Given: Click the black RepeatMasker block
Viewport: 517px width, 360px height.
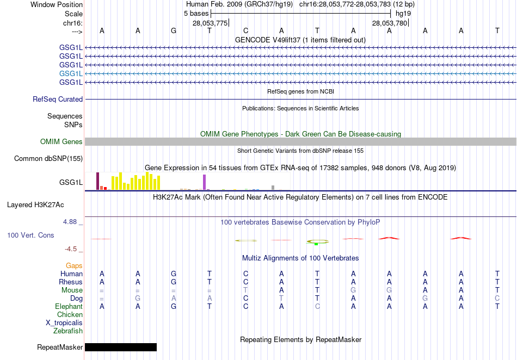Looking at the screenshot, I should (121, 347).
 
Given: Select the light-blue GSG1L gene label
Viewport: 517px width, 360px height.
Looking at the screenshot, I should (71, 73).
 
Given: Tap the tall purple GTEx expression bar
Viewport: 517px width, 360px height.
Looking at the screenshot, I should (205, 182).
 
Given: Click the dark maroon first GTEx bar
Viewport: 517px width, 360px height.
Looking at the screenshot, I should (98, 181).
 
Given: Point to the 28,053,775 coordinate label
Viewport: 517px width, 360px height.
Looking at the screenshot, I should (210, 23).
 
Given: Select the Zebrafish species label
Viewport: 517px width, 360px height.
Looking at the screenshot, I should (68, 331).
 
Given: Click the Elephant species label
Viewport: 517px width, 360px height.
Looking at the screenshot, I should (69, 306).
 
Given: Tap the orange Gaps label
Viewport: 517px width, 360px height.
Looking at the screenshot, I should (74, 265).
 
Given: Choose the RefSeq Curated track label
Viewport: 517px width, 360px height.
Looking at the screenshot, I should (58, 99).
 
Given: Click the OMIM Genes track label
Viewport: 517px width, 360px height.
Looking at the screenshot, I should (61, 141).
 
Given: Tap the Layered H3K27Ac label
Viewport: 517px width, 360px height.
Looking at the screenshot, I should (35, 205).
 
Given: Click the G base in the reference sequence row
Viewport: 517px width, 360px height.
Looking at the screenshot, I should (174, 30).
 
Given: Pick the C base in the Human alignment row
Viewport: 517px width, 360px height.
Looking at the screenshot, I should (246, 274).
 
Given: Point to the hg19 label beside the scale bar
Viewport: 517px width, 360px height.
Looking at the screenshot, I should (403, 13).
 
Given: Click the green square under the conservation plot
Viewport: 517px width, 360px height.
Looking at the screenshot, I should (316, 244).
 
